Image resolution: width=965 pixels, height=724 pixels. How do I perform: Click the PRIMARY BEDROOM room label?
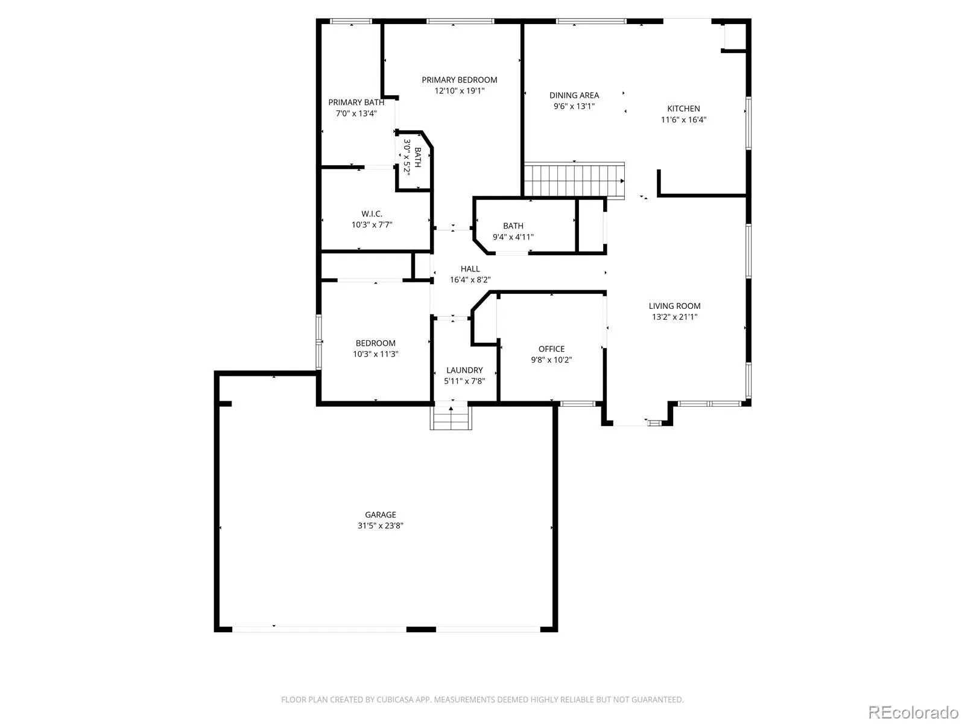[460, 80]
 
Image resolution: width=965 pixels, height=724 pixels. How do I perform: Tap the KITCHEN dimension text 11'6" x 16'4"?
[683, 119]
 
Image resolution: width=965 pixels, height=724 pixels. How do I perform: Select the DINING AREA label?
[574, 95]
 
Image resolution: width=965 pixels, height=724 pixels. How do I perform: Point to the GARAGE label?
[381, 515]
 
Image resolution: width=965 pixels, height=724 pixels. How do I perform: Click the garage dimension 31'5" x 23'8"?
[381, 526]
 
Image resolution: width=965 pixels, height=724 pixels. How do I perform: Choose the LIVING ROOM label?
[674, 306]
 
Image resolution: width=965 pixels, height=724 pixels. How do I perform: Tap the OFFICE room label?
[551, 349]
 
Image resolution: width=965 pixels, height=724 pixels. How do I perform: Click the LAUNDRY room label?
[464, 370]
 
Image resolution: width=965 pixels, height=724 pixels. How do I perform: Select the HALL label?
[470, 269]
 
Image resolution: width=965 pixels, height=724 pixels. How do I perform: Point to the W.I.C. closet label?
[372, 214]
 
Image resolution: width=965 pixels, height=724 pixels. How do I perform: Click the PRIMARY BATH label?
[356, 103]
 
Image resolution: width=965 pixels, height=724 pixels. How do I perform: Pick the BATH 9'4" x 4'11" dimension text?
[513, 237]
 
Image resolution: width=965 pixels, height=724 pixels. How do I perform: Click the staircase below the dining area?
[574, 180]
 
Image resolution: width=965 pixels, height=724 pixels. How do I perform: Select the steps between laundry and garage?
[451, 417]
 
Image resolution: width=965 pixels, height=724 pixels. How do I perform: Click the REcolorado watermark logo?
[913, 712]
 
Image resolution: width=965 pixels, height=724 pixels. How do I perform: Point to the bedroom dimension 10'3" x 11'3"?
[376, 354]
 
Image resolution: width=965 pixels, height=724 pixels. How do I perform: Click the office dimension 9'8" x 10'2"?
[551, 360]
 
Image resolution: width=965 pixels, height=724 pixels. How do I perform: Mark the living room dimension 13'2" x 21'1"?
[674, 317]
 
